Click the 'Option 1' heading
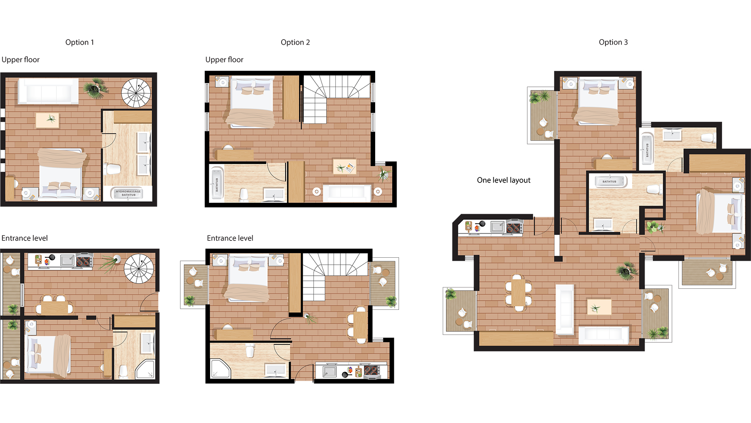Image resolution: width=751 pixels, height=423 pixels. tap(79, 42)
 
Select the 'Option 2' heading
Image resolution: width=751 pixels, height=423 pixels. tap(295, 42)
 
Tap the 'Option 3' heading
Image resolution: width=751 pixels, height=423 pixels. tap(613, 42)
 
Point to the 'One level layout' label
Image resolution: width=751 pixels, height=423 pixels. tap(503, 180)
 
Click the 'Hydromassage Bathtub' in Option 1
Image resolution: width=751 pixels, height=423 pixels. tap(128, 193)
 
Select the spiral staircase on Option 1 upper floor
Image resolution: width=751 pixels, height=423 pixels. tap(136, 93)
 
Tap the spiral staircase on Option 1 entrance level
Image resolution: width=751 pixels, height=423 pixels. tap(138, 268)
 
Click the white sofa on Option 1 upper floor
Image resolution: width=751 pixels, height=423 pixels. tap(48, 92)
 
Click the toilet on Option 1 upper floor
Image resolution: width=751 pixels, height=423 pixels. tap(113, 169)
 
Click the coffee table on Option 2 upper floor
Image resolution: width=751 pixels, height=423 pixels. tap(344, 166)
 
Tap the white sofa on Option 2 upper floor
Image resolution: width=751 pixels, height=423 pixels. tap(347, 192)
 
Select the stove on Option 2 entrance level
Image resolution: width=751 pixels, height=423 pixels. tap(372, 371)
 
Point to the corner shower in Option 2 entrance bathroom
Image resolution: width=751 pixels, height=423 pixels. tap(220, 369)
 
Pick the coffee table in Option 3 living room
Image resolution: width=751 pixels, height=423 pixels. tap(599, 307)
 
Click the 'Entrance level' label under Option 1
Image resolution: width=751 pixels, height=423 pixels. tap(25, 238)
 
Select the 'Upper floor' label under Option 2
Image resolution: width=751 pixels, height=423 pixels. tap(224, 60)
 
